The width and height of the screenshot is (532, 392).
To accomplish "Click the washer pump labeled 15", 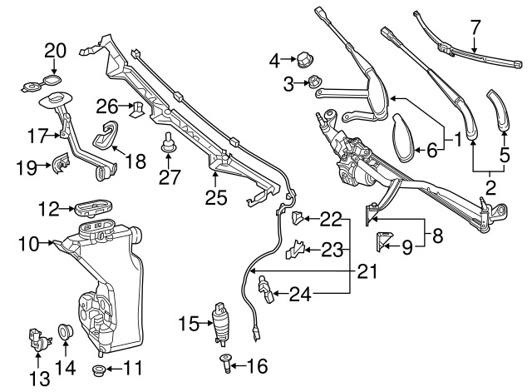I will click(220, 323).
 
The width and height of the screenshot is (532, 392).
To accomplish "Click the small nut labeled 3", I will click(315, 82).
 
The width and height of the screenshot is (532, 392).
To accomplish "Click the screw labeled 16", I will click(226, 362).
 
